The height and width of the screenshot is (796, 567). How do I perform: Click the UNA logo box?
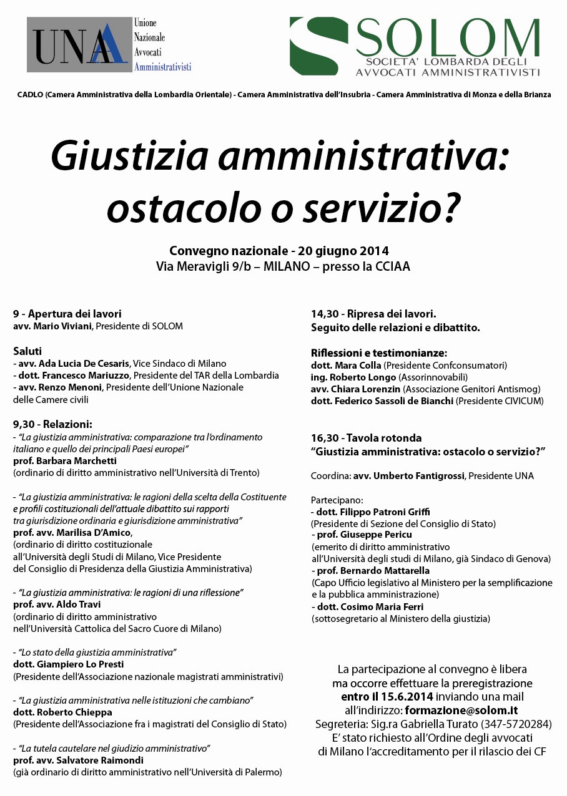tap(79, 45)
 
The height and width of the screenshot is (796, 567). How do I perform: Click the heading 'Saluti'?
tap(27, 351)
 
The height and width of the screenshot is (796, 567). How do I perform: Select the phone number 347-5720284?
tap(518, 724)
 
